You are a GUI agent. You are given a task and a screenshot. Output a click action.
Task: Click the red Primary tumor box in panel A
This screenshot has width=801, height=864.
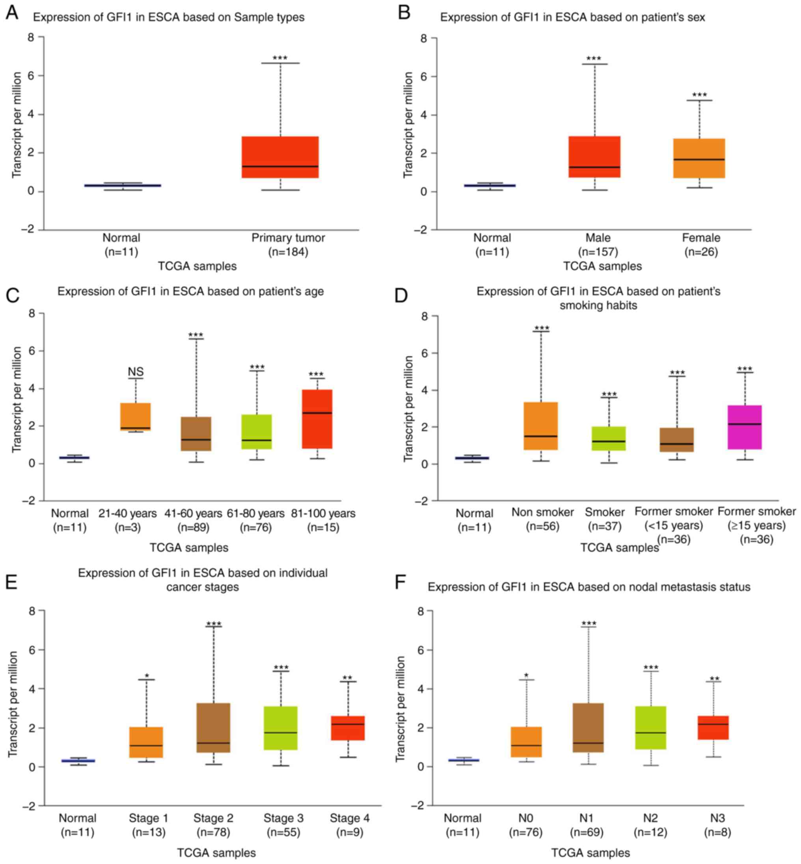[280, 157]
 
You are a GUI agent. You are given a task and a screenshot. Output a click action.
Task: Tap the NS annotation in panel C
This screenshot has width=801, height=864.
[136, 372]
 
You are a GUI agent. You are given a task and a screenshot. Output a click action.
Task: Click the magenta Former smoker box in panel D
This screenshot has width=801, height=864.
[745, 427]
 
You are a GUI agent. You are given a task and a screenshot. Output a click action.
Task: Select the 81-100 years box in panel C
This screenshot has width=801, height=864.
[317, 419]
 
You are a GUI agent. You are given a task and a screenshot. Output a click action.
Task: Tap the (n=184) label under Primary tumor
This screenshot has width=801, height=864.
[288, 252]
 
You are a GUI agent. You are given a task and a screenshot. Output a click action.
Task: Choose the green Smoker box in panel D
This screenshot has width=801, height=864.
[609, 438]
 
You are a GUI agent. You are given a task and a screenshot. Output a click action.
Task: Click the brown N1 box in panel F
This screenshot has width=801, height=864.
[588, 727]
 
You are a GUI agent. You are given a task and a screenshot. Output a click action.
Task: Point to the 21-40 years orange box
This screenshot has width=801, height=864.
[136, 416]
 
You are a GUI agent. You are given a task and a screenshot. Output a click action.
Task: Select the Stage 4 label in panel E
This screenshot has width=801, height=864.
[349, 818]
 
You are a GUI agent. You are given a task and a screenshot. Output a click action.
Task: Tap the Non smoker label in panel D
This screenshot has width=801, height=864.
[543, 512]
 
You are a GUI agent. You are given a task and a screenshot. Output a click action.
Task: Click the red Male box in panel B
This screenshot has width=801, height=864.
[594, 157]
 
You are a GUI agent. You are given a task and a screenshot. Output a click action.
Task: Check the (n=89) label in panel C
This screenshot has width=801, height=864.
[193, 527]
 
